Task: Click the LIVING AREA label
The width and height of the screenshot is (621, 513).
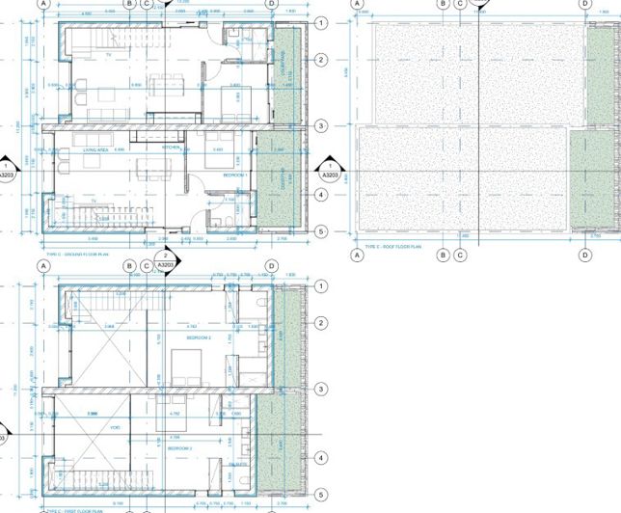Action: coord(94,150)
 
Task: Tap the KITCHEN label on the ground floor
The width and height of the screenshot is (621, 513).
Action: coord(172,148)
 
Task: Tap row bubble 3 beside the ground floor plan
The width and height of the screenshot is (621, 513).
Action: coord(322,126)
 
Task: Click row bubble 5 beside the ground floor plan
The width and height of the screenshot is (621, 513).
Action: coord(322,231)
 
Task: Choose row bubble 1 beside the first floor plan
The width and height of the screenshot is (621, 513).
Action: coord(322,287)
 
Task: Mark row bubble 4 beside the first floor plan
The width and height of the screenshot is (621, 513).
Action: coord(322,459)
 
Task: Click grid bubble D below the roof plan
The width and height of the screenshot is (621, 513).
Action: coord(584,256)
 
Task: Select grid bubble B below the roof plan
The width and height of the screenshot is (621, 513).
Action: coord(444,256)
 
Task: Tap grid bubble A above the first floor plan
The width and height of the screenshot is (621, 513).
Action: coord(43,266)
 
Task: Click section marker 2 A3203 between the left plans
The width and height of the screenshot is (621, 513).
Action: coord(165,260)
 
